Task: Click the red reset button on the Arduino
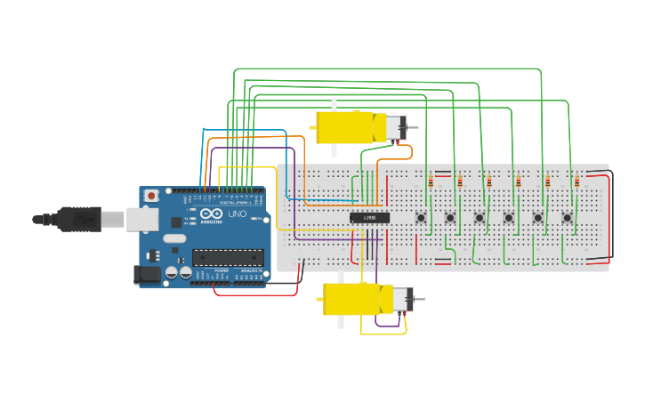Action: tap(152, 195)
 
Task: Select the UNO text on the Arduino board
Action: tap(238, 214)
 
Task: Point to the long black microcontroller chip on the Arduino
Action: tap(228, 257)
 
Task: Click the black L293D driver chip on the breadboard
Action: tap(369, 217)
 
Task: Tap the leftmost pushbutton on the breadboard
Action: tap(422, 217)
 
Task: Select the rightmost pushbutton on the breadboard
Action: tap(567, 217)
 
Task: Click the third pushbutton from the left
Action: tap(480, 217)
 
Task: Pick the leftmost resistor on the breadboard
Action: tap(431, 182)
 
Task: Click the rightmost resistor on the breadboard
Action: tap(576, 182)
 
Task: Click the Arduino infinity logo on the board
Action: tap(211, 214)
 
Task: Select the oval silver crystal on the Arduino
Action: tap(174, 238)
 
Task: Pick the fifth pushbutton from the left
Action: tap(537, 217)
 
